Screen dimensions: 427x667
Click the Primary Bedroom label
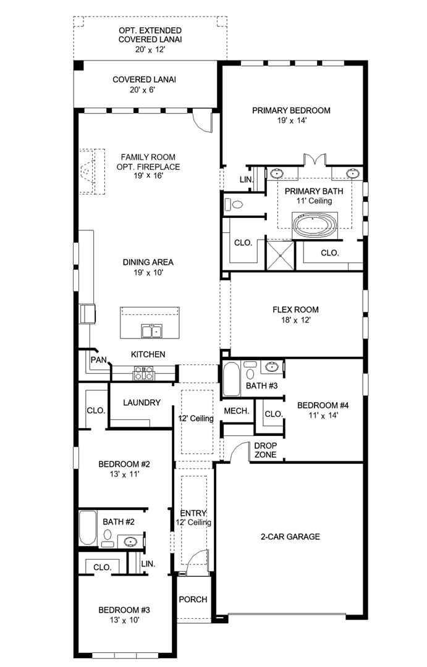[x=291, y=111]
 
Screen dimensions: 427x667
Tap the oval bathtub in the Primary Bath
[x=315, y=225]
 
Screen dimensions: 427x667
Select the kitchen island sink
[x=151, y=331]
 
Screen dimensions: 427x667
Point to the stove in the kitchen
[x=143, y=373]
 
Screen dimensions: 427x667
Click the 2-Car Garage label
[x=290, y=537]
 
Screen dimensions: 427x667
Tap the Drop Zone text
[x=266, y=450]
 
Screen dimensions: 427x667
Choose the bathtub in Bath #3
[x=232, y=379]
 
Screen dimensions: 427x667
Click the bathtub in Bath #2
[x=88, y=527]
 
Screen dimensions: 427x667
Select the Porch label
[x=193, y=599]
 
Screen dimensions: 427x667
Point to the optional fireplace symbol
[x=92, y=172]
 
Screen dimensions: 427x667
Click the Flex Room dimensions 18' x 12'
[x=295, y=321]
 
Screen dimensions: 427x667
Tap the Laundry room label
[x=142, y=403]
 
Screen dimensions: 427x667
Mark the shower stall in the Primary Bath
[x=280, y=255]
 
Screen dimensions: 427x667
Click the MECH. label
[x=237, y=411]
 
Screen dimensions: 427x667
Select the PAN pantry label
[x=99, y=360]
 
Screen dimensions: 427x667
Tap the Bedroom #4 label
[x=323, y=405]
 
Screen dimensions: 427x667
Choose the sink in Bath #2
[x=130, y=542]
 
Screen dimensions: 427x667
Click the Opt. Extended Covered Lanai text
[x=150, y=35]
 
